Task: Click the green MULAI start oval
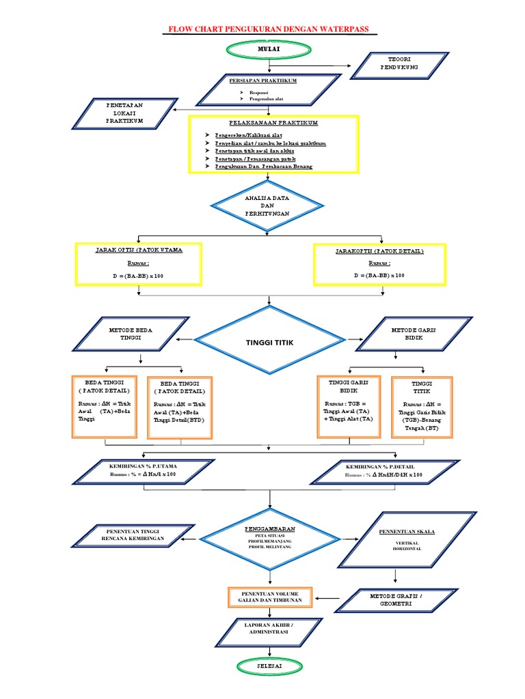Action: [269, 48]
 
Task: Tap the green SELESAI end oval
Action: [269, 665]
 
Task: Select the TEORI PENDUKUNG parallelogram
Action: [399, 64]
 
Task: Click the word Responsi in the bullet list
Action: [258, 92]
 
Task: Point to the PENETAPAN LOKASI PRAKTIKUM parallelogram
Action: [124, 113]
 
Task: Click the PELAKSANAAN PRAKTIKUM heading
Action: [273, 123]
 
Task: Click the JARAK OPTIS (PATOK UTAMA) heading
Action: [139, 251]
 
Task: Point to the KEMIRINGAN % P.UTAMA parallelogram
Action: [143, 470]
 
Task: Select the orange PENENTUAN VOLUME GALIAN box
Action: [269, 597]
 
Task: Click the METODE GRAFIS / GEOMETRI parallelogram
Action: [396, 599]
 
